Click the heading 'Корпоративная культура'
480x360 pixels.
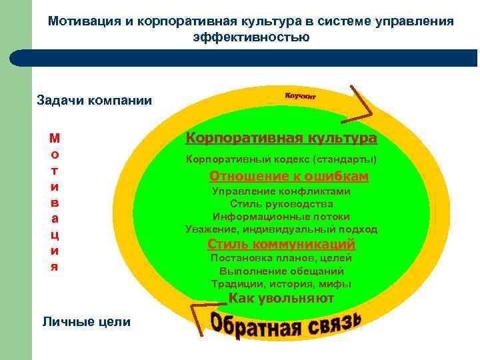pyautogui.click(x=281, y=138)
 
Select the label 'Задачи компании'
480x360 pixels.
pyautogui.click(x=94, y=101)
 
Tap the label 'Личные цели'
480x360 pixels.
pyautogui.click(x=87, y=321)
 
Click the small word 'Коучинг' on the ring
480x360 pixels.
pyautogui.click(x=300, y=96)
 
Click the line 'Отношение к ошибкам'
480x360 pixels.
pyautogui.click(x=289, y=176)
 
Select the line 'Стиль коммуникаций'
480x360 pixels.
pyautogui.click(x=281, y=243)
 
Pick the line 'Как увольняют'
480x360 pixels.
pyautogui.click(x=281, y=298)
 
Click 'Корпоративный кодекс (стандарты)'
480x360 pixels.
pyautogui.click(x=281, y=160)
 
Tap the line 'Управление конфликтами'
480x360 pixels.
pyautogui.click(x=281, y=191)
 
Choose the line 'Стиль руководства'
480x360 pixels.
pyautogui.click(x=281, y=203)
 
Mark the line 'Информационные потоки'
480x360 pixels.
pyautogui.click(x=281, y=217)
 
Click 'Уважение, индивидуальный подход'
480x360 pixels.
pyautogui.click(x=281, y=229)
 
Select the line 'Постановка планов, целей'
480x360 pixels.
pyautogui.click(x=281, y=258)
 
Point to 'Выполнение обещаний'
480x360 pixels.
pyautogui.click(x=281, y=271)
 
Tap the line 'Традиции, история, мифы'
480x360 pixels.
pyautogui.click(x=281, y=284)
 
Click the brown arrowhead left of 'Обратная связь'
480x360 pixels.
pyautogui.click(x=200, y=312)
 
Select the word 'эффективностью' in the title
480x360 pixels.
pyautogui.click(x=251, y=37)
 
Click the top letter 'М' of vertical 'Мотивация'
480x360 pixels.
pyautogui.click(x=55, y=139)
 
